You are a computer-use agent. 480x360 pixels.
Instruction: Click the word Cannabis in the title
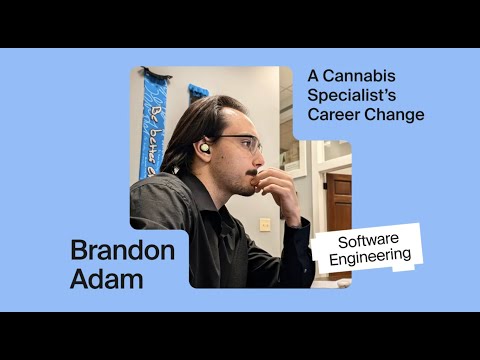coord(359,76)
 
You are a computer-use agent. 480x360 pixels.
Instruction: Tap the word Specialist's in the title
coord(352,95)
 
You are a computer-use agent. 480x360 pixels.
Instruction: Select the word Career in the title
coord(334,114)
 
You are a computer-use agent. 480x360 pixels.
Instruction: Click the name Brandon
coord(123,251)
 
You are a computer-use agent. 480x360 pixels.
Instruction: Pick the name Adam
coord(107,278)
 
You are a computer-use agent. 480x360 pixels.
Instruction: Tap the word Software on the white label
coord(368,241)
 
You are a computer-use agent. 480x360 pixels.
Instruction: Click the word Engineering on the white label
coord(370,257)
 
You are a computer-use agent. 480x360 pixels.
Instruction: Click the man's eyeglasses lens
coord(249,145)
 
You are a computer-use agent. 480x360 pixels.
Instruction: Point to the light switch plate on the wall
coord(265,225)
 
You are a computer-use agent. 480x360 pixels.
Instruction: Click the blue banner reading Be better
coord(152,127)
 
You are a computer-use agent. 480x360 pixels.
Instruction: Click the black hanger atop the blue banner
coord(155,72)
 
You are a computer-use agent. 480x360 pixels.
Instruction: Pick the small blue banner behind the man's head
coord(197,92)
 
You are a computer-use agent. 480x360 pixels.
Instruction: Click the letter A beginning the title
coord(313,76)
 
